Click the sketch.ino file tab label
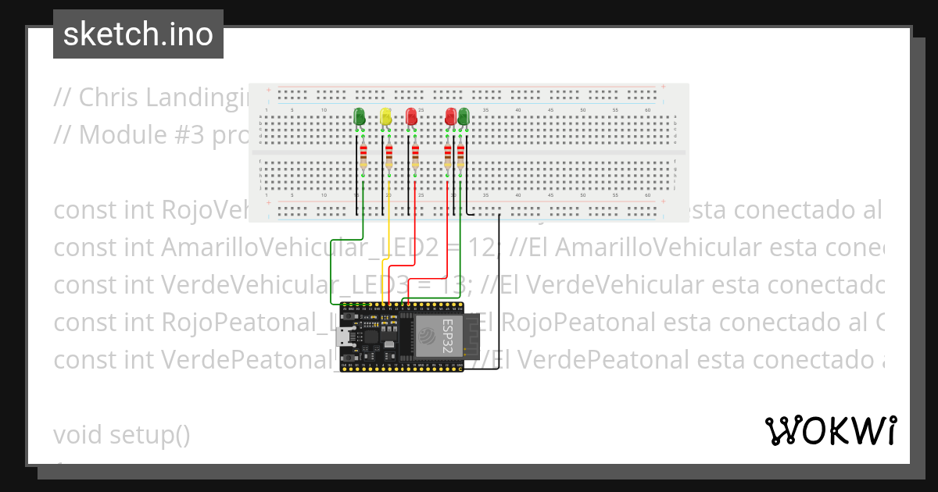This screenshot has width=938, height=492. pyautogui.click(x=138, y=34)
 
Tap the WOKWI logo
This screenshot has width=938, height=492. pyautogui.click(x=831, y=430)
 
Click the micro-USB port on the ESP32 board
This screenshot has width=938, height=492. pyautogui.click(x=342, y=337)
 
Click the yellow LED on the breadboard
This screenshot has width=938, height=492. pyautogui.click(x=385, y=117)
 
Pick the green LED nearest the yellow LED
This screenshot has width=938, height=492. pyautogui.click(x=360, y=116)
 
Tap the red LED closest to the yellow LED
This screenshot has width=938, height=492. pyautogui.click(x=411, y=117)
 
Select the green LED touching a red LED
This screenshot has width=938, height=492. pyautogui.click(x=464, y=117)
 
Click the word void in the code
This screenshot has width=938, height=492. pyautogui.click(x=78, y=435)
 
